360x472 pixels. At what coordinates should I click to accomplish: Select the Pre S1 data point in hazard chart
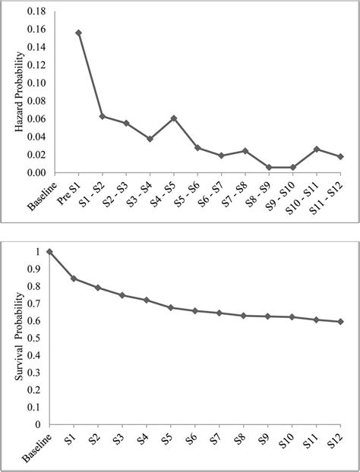click(x=78, y=33)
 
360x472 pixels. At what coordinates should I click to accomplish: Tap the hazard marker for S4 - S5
click(x=174, y=118)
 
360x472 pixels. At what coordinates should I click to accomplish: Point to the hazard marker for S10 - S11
click(x=317, y=149)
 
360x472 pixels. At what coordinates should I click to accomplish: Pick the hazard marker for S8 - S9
click(x=269, y=167)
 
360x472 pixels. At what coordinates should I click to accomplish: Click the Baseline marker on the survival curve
click(x=50, y=251)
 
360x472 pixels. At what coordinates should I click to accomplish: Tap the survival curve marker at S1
click(x=74, y=278)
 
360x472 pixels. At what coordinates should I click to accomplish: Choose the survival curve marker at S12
click(x=339, y=322)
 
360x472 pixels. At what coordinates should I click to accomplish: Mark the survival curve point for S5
click(x=171, y=307)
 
